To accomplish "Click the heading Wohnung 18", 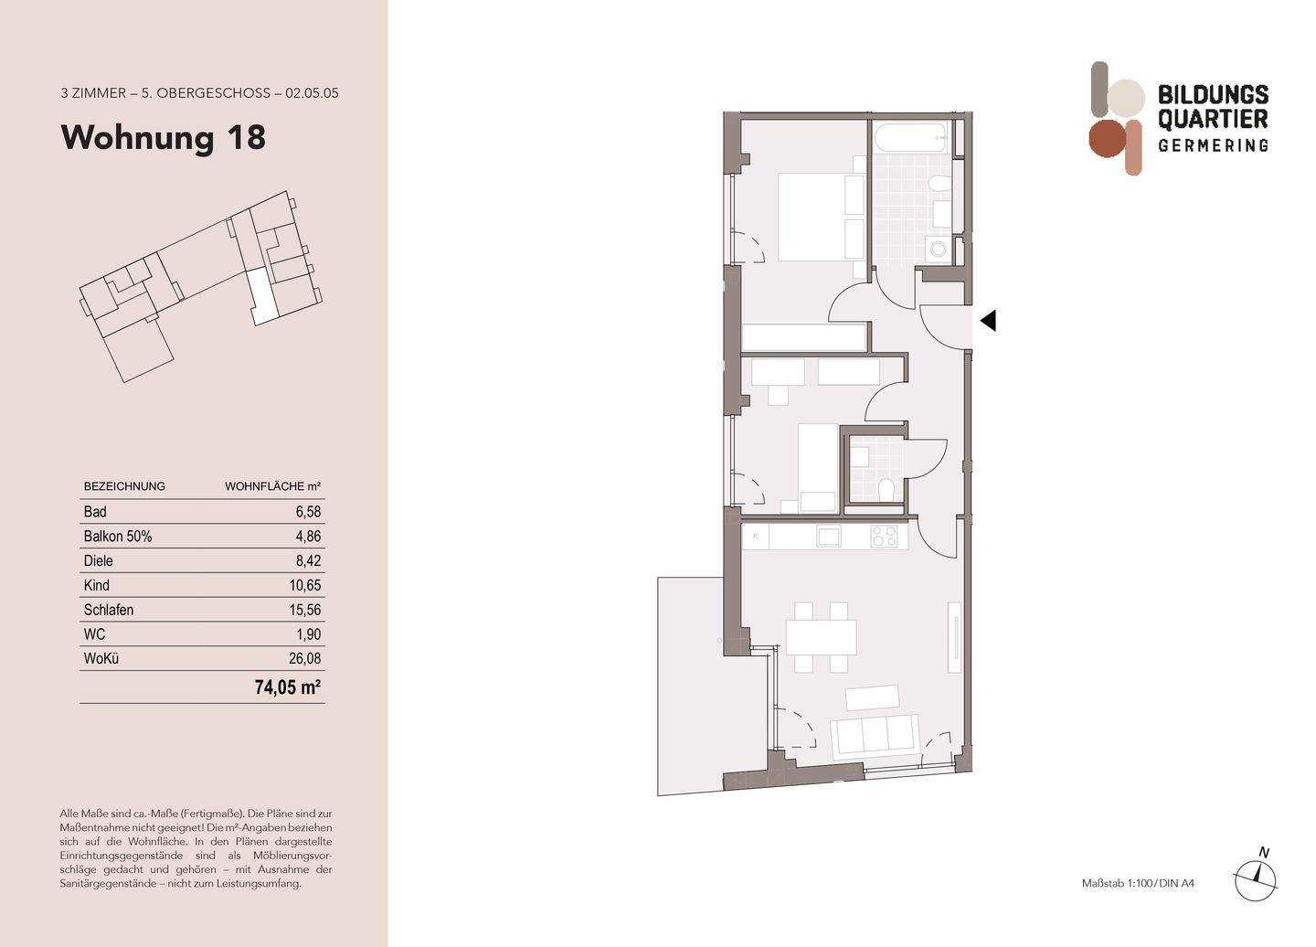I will pos(163,137).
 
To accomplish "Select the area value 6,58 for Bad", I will pos(307,512).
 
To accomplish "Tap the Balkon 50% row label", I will pos(118,537).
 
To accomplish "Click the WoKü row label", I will pos(101,658).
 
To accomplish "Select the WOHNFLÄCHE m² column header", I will pos(272,486).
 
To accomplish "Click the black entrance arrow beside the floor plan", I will pos(987,321).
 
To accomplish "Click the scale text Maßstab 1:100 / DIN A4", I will pos(1138,883).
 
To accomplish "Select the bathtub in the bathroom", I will pos(910,139).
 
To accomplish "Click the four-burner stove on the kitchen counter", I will pos(884,537).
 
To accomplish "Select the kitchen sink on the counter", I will pos(829,537).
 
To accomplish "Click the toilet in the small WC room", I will pos(885,491).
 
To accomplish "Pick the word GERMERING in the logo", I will pos(1213,145).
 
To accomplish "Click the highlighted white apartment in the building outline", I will pos(261,297).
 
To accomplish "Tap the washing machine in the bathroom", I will pos(937,248).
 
